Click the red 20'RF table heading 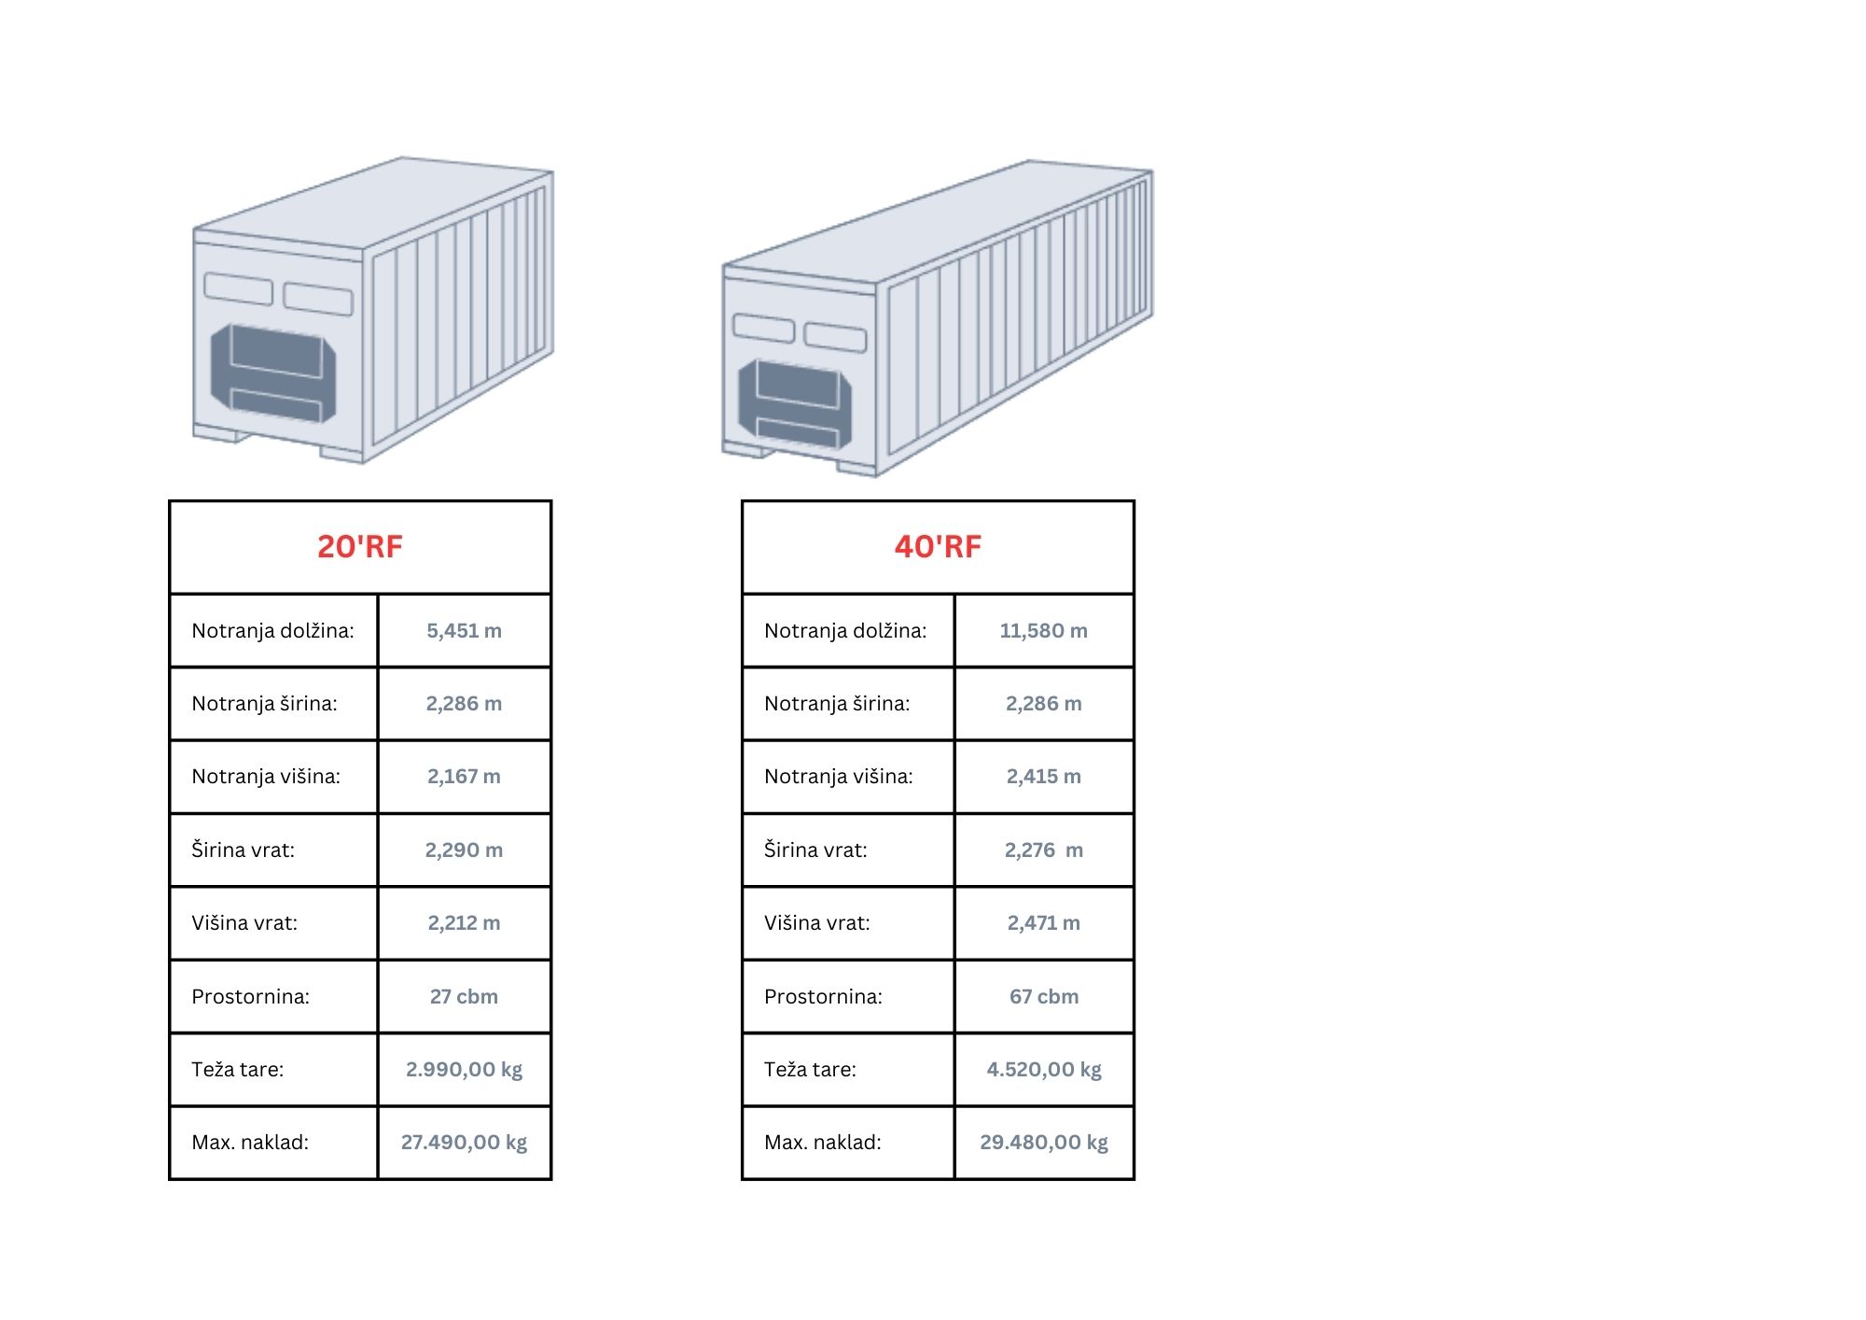tap(360, 546)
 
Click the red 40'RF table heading tap(938, 546)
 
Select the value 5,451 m tap(464, 630)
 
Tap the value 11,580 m tap(1043, 630)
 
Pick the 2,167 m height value tap(464, 776)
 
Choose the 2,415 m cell tap(1043, 776)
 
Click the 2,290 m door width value tap(464, 850)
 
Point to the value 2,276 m tap(1043, 850)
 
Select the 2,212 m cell tap(464, 922)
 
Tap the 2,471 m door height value tap(1043, 922)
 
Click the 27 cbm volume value tap(464, 996)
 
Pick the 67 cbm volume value tap(1043, 996)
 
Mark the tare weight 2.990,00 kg tap(464, 1069)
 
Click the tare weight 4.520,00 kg tap(1043, 1069)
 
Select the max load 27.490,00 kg tap(464, 1142)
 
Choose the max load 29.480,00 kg tap(1043, 1142)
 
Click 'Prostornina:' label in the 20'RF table tap(250, 996)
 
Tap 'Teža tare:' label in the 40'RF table tap(810, 1069)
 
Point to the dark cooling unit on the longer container tap(795, 403)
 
